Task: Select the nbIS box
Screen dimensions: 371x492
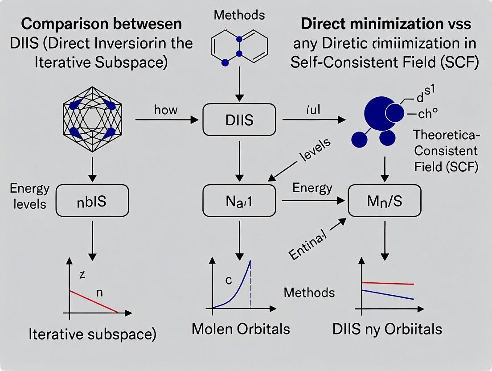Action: tap(93, 201)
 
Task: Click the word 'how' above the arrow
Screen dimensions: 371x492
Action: tap(166, 110)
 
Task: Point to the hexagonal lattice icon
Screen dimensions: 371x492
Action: tap(92, 119)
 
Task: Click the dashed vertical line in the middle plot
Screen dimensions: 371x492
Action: tap(250, 285)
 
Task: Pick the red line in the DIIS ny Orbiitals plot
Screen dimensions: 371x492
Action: tap(388, 283)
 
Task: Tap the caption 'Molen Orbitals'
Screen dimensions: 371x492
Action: tap(241, 329)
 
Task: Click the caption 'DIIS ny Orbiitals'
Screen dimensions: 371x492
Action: tap(387, 329)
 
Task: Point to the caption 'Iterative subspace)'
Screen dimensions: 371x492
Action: tap(92, 334)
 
